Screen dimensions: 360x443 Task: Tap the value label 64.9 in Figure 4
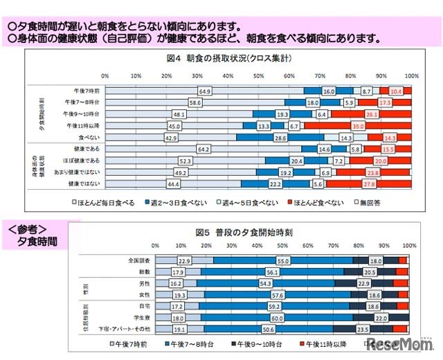pyautogui.click(x=204, y=91)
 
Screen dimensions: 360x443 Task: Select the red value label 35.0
pyautogui.click(x=358, y=127)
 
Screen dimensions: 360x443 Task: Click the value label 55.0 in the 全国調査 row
pyautogui.click(x=282, y=260)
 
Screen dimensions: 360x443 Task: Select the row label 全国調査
pyautogui.click(x=138, y=260)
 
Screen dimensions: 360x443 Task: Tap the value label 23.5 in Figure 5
pyautogui.click(x=362, y=329)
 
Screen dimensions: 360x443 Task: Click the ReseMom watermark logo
pyautogui.click(x=398, y=343)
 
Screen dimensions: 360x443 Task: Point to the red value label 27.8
pyautogui.click(x=351, y=183)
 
